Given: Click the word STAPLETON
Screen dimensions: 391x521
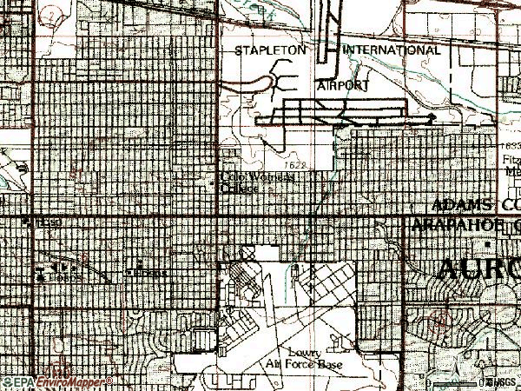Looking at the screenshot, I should coord(270,51).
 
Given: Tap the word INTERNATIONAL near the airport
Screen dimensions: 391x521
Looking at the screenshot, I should coord(386,51).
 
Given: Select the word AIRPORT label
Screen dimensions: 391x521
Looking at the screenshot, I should coord(344,86).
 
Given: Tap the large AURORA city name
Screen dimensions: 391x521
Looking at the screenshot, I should coord(478,269).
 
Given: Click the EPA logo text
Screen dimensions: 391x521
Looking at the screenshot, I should coord(15,382).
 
